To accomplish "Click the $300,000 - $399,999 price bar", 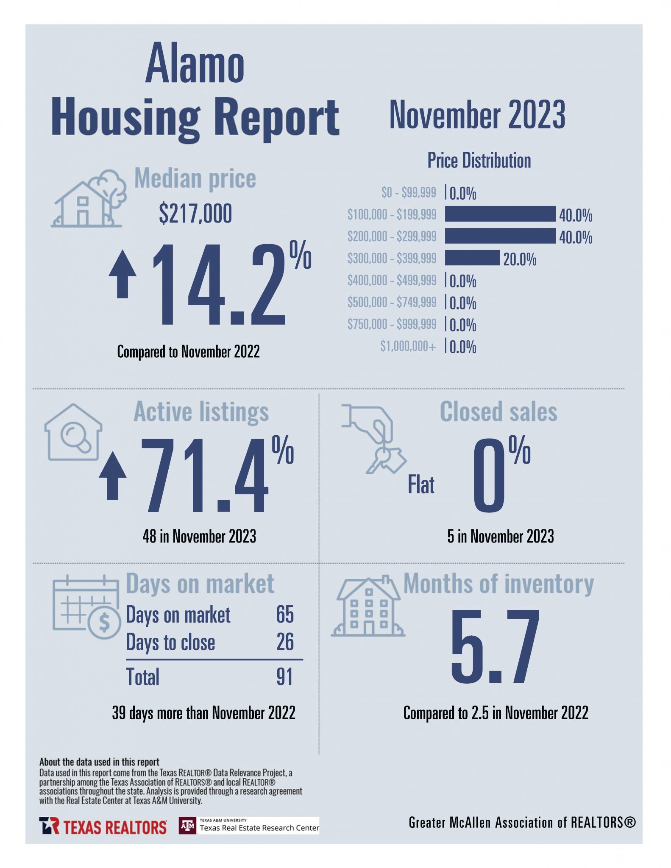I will (472, 258).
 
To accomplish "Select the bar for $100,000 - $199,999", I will (500, 214).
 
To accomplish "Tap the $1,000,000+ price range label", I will (408, 346).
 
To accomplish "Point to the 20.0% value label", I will (520, 259).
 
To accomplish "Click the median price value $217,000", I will (195, 213).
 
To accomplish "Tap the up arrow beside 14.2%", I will (123, 274).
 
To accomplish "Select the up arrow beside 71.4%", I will (113, 476).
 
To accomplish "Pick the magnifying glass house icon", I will (74, 432).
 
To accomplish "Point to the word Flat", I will (421, 485).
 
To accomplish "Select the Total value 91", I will (284, 677).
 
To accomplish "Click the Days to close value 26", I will (285, 642).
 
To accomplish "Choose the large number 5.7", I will (495, 645).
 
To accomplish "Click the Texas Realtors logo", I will (103, 826).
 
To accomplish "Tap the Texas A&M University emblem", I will (188, 825).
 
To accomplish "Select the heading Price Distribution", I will (479, 161).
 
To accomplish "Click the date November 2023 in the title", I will (477, 114).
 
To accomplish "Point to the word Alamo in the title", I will (195, 64).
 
